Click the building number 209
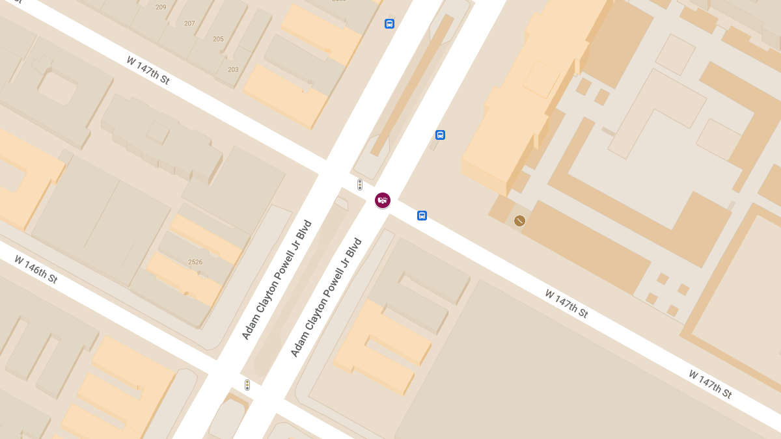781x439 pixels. coord(161,7)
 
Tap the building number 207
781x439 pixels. coord(189,23)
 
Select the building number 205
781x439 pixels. coord(218,39)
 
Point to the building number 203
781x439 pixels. coord(233,70)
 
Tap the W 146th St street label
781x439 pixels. coord(36,269)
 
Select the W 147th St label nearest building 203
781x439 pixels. coord(148,70)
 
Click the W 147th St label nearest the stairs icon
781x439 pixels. coord(566,304)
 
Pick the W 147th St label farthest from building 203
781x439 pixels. coord(710,384)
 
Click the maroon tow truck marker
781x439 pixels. coord(383,200)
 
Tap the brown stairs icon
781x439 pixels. coord(519,220)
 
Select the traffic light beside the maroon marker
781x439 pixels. coord(359,185)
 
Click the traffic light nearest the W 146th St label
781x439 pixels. coord(247,385)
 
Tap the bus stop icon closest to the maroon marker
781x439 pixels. coord(422,215)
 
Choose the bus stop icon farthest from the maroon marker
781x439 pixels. coord(389,24)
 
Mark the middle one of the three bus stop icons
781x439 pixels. coord(440,135)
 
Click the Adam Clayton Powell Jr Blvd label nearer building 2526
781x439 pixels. coord(277,280)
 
